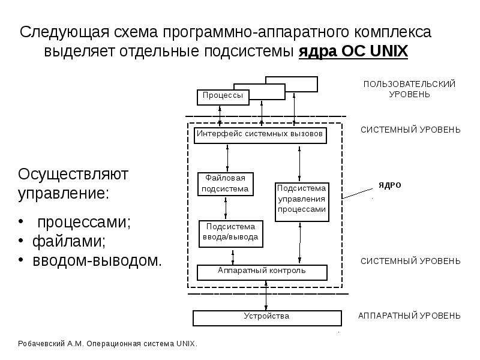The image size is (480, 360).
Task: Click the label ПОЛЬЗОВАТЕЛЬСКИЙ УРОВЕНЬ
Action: tap(409, 89)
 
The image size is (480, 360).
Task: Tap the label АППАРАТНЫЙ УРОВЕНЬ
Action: tap(409, 316)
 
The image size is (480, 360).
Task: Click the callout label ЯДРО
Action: tap(389, 185)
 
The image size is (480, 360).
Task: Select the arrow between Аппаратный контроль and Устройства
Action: tap(266, 296)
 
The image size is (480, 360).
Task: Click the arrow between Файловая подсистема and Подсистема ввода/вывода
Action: tap(226, 208)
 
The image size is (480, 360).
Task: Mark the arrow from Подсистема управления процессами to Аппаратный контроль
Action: tap(299, 243)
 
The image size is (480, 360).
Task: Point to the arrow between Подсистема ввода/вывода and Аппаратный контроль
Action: tap(233, 257)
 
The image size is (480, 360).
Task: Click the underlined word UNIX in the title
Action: tap(389, 51)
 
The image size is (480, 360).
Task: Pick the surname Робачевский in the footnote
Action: tap(41, 344)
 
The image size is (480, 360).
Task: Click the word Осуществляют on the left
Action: tap(73, 175)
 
